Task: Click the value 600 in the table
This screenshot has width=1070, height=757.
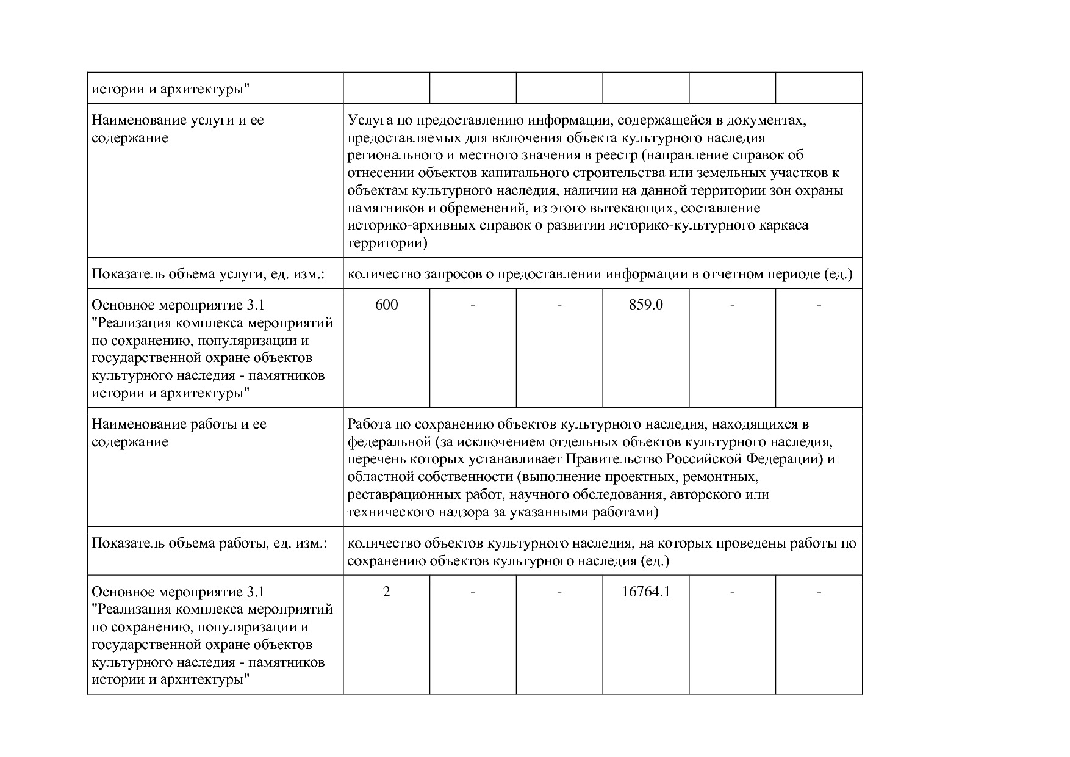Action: (386, 305)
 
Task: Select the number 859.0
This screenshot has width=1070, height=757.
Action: (645, 305)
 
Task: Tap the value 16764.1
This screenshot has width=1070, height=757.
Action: (645, 592)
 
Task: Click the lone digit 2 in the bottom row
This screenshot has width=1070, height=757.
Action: (386, 592)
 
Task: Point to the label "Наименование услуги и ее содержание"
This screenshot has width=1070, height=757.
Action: (178, 129)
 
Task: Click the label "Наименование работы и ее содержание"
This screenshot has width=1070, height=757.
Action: (179, 433)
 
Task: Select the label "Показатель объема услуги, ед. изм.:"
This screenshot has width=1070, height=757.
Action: (207, 274)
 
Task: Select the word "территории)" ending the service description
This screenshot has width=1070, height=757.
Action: (387, 243)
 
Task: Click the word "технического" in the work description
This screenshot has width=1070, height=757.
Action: (390, 512)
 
